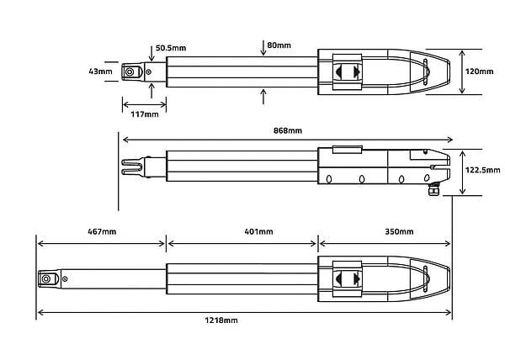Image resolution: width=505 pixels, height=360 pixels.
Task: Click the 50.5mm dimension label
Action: coord(171,48)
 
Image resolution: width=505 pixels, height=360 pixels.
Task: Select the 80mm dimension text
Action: coord(279,45)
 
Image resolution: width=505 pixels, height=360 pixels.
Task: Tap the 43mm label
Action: coord(100,71)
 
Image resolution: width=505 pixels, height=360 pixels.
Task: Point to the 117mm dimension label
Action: coord(145,114)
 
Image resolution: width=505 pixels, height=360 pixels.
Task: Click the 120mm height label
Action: coord(479,71)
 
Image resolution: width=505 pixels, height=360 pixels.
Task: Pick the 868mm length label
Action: coord(288,130)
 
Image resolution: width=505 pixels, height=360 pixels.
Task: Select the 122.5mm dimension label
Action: coord(483,170)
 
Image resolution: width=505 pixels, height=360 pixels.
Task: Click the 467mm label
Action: coord(102,231)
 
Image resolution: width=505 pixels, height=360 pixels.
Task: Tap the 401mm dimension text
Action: coord(258,231)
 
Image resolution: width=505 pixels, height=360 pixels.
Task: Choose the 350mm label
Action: coord(399,231)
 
